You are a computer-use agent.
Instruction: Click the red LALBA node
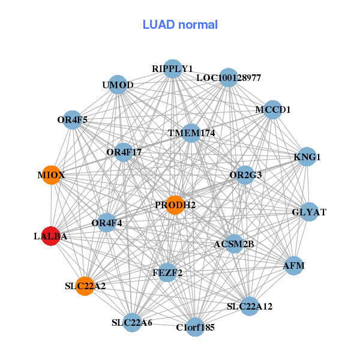click(51, 236)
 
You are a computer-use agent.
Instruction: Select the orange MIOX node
click(52, 175)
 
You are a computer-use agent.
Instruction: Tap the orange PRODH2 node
click(175, 205)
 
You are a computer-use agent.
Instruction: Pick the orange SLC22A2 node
click(85, 286)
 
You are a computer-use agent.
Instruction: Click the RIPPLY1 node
click(173, 69)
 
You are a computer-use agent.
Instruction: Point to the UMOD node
click(118, 85)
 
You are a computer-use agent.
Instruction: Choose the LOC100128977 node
click(229, 77)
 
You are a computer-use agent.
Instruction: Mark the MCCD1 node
click(273, 110)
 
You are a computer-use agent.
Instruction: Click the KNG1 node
click(307, 157)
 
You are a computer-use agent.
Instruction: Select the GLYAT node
click(309, 212)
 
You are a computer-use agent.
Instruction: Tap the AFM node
click(294, 266)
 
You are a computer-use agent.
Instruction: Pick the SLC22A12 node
click(250, 306)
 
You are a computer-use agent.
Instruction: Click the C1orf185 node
click(195, 327)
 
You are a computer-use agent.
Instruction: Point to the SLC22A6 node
click(132, 323)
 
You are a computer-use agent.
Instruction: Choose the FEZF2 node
click(167, 273)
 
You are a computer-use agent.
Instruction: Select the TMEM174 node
click(191, 133)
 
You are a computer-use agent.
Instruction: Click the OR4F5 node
click(73, 120)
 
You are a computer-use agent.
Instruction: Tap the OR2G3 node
click(245, 175)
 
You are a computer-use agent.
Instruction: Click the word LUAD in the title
click(158, 25)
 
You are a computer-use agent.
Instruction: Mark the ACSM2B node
click(234, 244)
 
